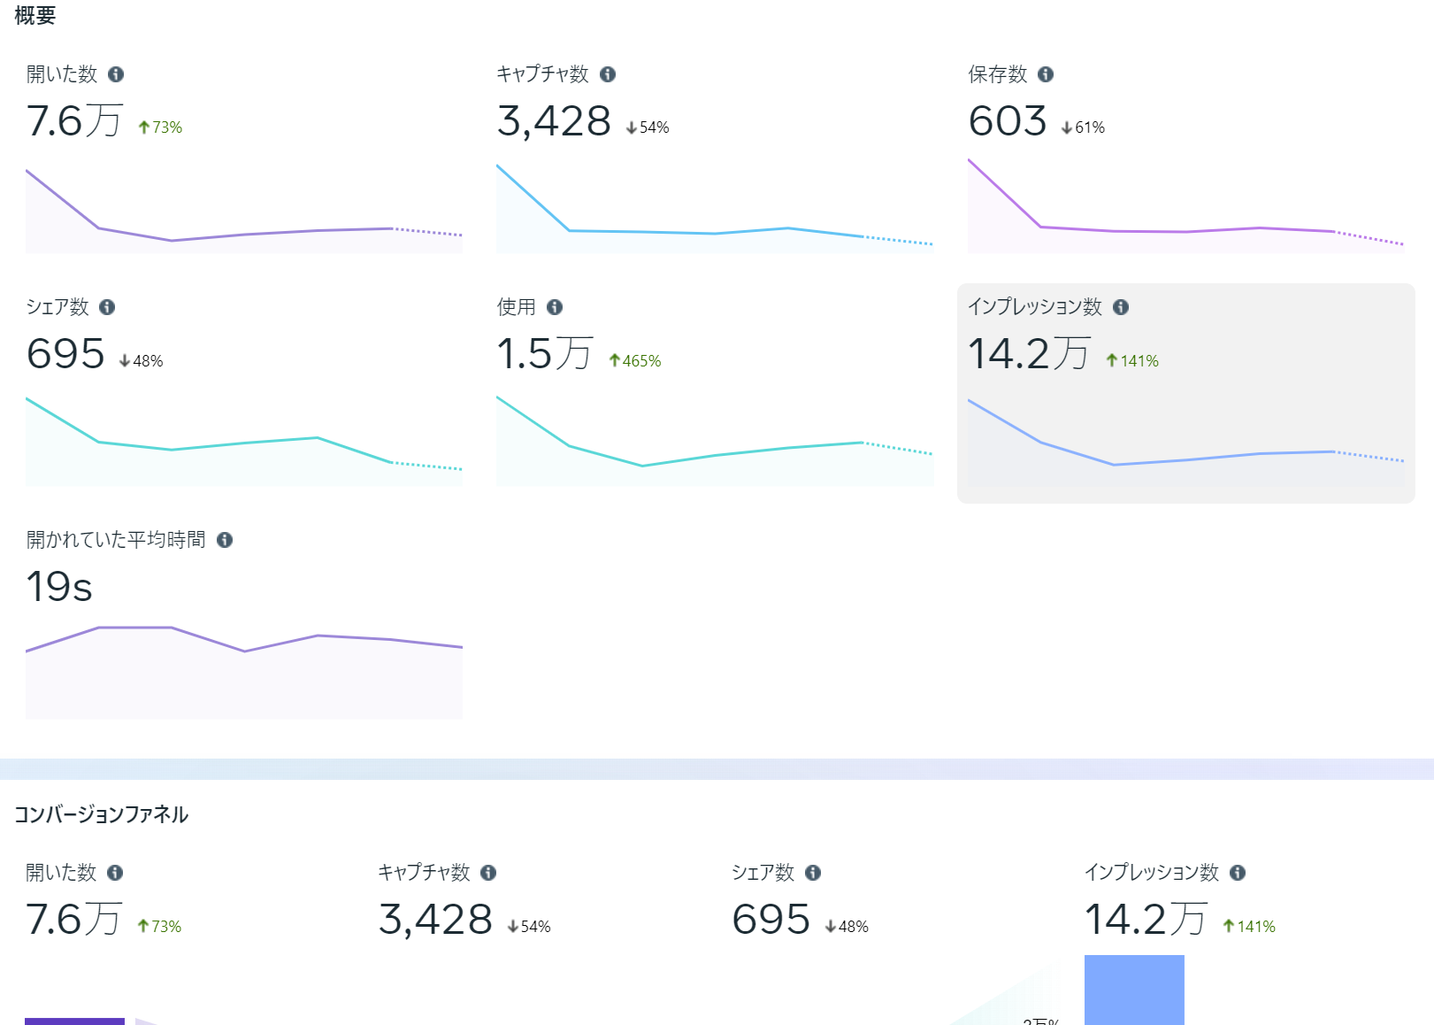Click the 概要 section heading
point(35,16)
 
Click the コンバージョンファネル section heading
point(101,814)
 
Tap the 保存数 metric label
point(997,74)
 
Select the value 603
point(1007,121)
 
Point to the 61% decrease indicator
point(1084,127)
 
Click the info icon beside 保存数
point(1046,74)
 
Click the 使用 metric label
point(516,307)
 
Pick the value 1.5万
point(544,354)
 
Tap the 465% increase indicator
point(635,361)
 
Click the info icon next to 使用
point(555,307)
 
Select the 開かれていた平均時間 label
point(116,540)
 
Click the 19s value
point(59,587)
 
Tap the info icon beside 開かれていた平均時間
point(225,540)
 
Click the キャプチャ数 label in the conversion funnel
point(424,873)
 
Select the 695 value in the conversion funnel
point(771,920)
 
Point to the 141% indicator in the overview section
point(1132,361)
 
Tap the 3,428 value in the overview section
point(554,121)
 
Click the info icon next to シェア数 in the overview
point(107,307)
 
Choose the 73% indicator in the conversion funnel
point(160,927)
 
